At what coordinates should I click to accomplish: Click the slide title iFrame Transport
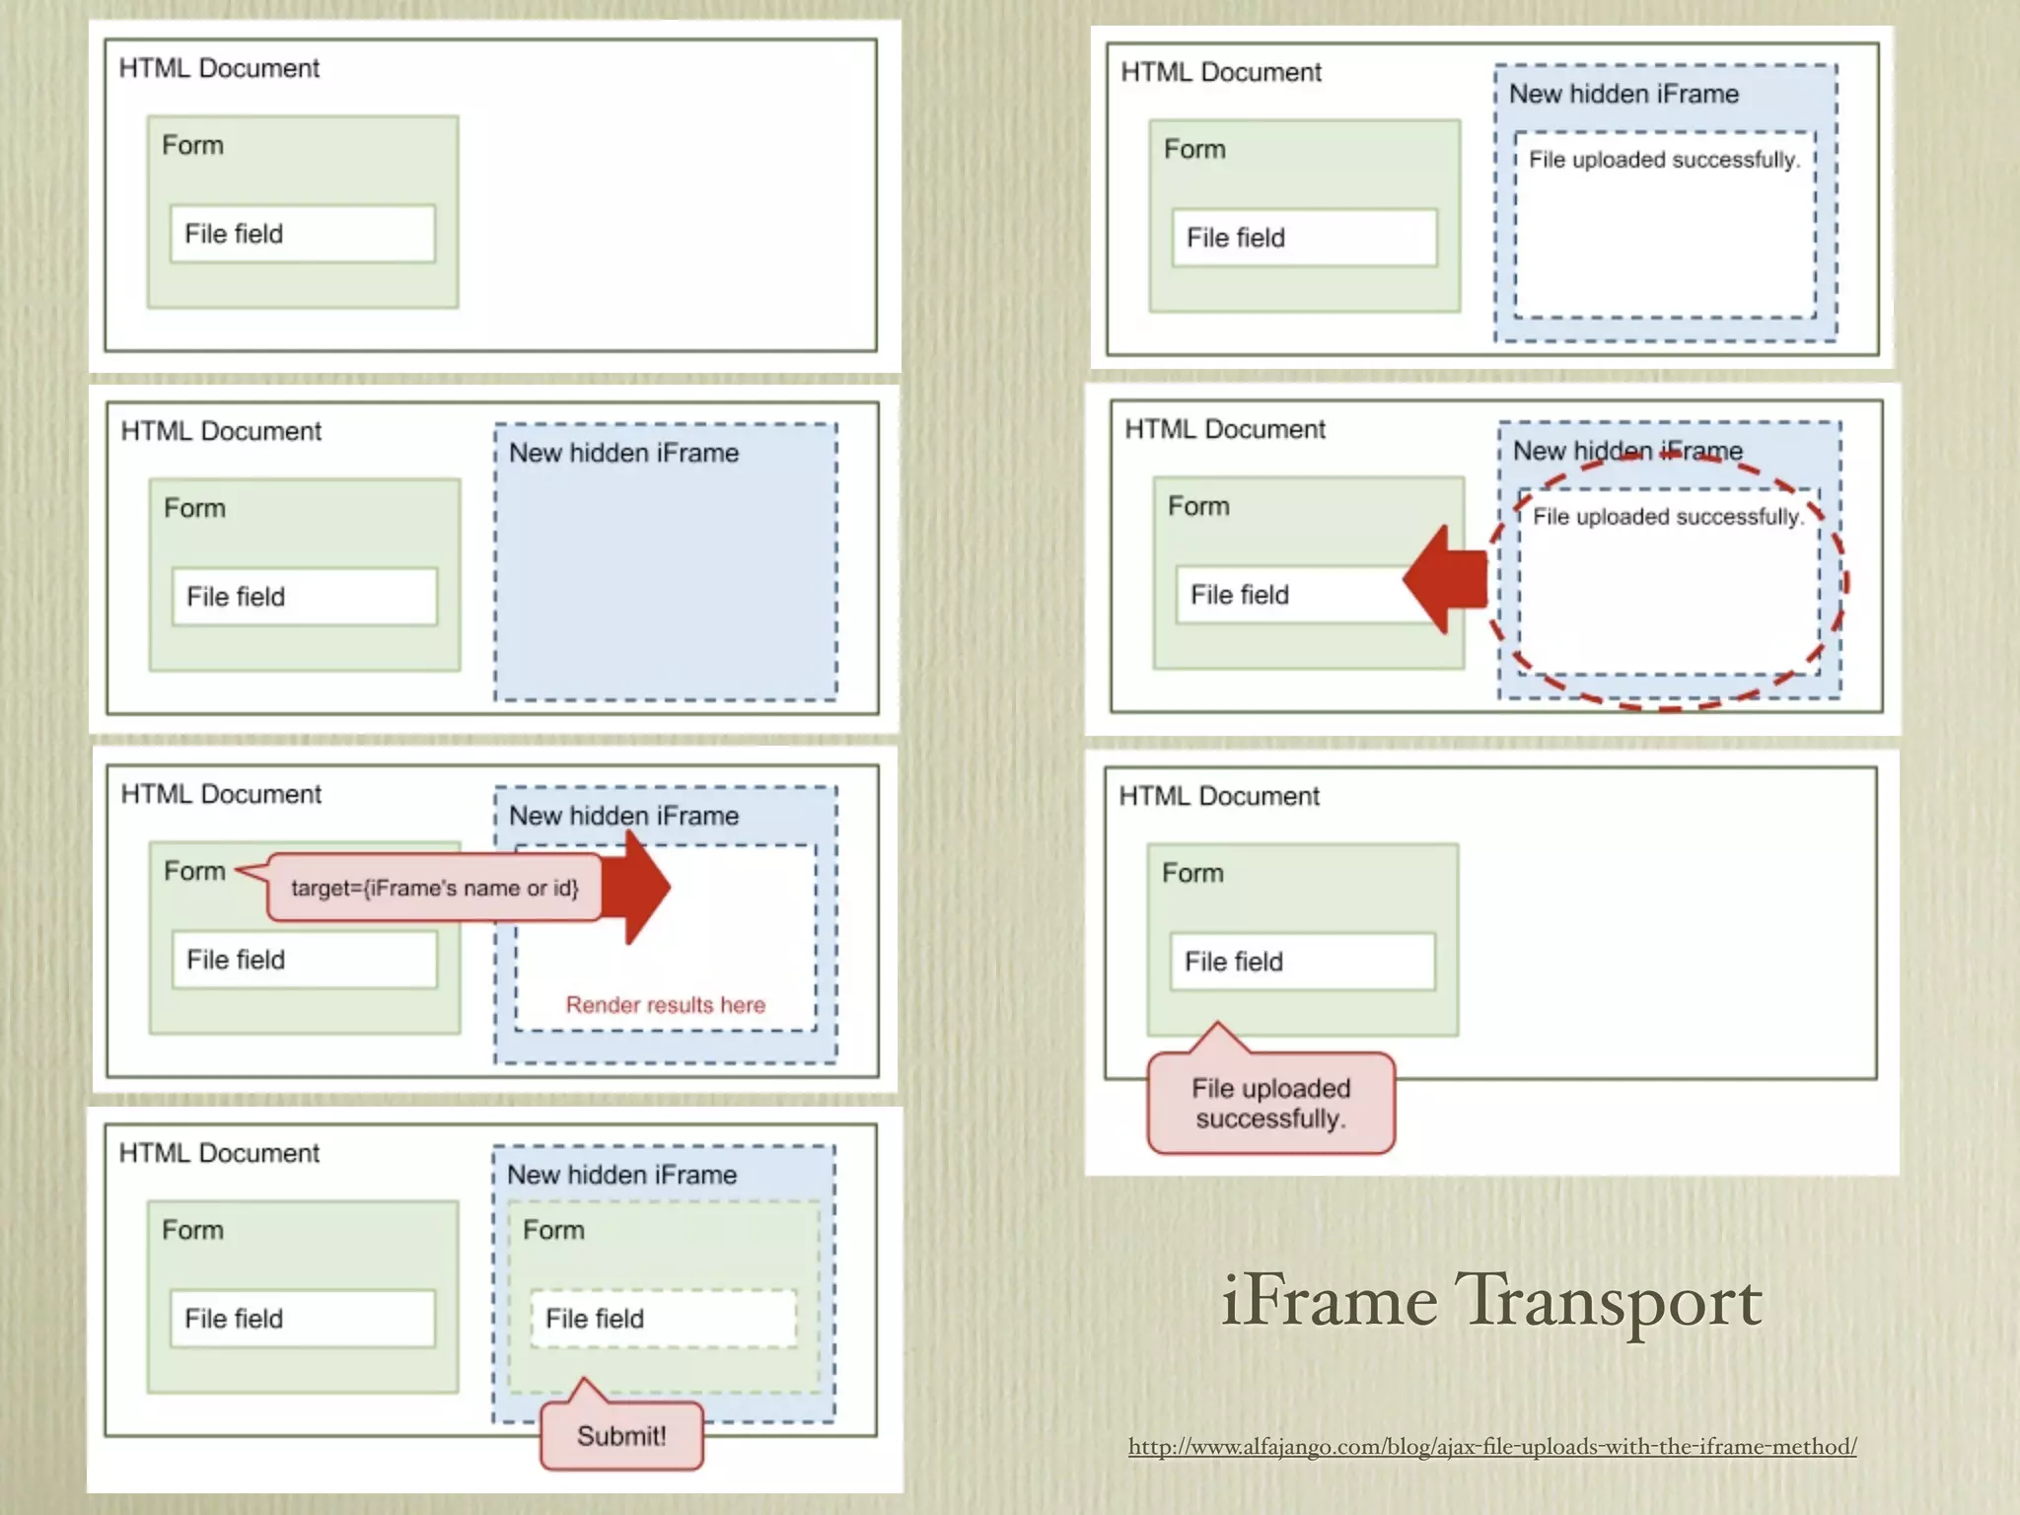[x=1490, y=1301]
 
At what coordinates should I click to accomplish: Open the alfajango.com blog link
[x=1492, y=1447]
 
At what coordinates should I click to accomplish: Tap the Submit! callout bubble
[x=621, y=1436]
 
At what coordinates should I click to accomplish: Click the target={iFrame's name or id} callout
[x=434, y=888]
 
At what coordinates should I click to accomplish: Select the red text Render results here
[x=665, y=1005]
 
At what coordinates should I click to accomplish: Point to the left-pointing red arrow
[x=1445, y=579]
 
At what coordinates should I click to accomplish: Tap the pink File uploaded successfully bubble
[x=1270, y=1104]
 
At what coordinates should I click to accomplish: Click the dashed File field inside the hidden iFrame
[x=663, y=1319]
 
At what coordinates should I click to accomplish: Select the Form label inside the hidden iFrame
[x=553, y=1230]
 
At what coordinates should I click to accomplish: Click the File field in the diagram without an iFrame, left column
[x=302, y=234]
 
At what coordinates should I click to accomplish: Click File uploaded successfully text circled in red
[x=1667, y=517]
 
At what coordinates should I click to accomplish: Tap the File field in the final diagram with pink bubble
[x=1302, y=962]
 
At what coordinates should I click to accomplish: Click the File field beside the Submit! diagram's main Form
[x=302, y=1319]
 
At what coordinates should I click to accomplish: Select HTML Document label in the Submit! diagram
[x=219, y=1153]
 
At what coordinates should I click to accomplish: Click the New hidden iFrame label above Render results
[x=623, y=816]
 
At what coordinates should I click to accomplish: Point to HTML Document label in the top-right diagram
[x=1221, y=72]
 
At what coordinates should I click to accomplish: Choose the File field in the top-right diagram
[x=1304, y=238]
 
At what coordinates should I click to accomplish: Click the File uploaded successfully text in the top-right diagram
[x=1663, y=160]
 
